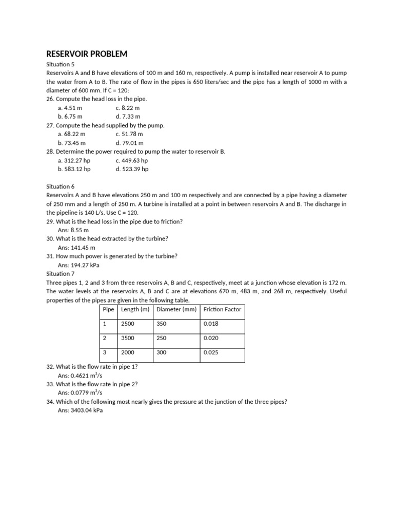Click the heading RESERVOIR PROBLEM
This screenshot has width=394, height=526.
(87, 54)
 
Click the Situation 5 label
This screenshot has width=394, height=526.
(61, 65)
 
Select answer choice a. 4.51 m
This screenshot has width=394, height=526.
(70, 108)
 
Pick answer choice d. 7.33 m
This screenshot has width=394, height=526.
(128, 117)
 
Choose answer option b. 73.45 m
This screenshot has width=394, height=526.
(71, 143)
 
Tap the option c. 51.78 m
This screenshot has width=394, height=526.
(129, 134)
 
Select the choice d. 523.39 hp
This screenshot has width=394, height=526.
(132, 168)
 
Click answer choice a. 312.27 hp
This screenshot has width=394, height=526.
(74, 160)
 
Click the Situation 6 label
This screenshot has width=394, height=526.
(61, 186)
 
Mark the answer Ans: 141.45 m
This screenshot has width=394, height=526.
(76, 248)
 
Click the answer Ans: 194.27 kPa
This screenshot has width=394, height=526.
(78, 265)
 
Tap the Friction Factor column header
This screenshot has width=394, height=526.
(222, 309)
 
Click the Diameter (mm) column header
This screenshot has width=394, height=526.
(176, 309)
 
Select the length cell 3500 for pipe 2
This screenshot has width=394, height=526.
(127, 339)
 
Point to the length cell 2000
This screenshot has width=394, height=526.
(127, 353)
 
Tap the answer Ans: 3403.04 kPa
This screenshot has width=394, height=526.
(80, 410)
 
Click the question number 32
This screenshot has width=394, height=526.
(50, 367)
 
